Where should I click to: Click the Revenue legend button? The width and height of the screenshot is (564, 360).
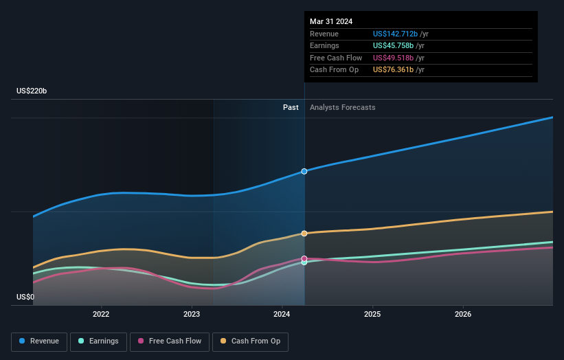[39, 341]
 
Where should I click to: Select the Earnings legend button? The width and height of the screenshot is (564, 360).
[98, 341]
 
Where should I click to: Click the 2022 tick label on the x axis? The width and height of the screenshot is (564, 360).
[101, 315]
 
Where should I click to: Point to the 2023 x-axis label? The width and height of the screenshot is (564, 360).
[192, 315]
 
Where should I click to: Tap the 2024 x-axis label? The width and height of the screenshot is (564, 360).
[282, 315]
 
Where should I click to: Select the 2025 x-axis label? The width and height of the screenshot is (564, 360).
[372, 315]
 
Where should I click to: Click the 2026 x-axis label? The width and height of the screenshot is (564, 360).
[463, 315]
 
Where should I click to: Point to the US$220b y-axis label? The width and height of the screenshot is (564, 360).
[32, 91]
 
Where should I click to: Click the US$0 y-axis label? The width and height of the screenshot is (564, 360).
[25, 297]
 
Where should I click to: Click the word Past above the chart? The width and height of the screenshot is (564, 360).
[291, 107]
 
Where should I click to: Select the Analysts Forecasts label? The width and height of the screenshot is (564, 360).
[343, 107]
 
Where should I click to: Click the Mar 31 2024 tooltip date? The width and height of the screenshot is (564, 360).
[331, 21]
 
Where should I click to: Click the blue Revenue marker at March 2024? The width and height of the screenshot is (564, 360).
[304, 171]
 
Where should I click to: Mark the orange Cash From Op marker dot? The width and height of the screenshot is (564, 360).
[304, 234]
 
